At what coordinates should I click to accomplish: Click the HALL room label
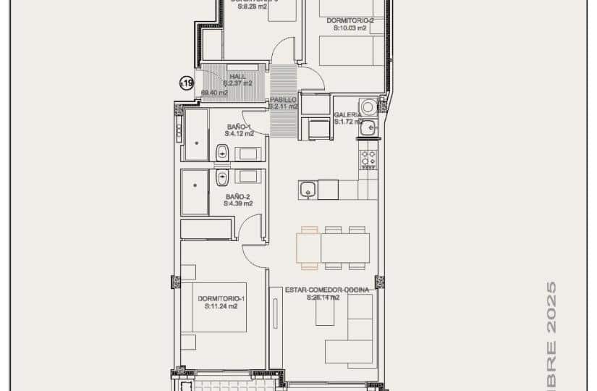(237, 75)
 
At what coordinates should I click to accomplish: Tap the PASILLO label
(282, 99)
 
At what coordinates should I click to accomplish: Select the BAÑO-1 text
(238, 126)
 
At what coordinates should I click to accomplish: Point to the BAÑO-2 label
(238, 196)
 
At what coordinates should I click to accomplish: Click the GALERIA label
(348, 114)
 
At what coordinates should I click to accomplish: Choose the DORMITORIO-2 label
(350, 20)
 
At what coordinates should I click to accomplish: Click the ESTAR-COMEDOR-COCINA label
(326, 290)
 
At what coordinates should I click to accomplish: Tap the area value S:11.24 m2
(221, 306)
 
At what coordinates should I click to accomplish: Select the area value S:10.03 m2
(350, 28)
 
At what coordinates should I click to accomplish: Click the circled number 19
(187, 84)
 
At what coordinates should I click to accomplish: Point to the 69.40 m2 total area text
(214, 93)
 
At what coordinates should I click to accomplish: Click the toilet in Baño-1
(222, 153)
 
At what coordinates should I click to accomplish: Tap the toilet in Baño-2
(222, 177)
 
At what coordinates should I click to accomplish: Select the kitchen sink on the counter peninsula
(308, 190)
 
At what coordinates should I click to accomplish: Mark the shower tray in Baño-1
(196, 135)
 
